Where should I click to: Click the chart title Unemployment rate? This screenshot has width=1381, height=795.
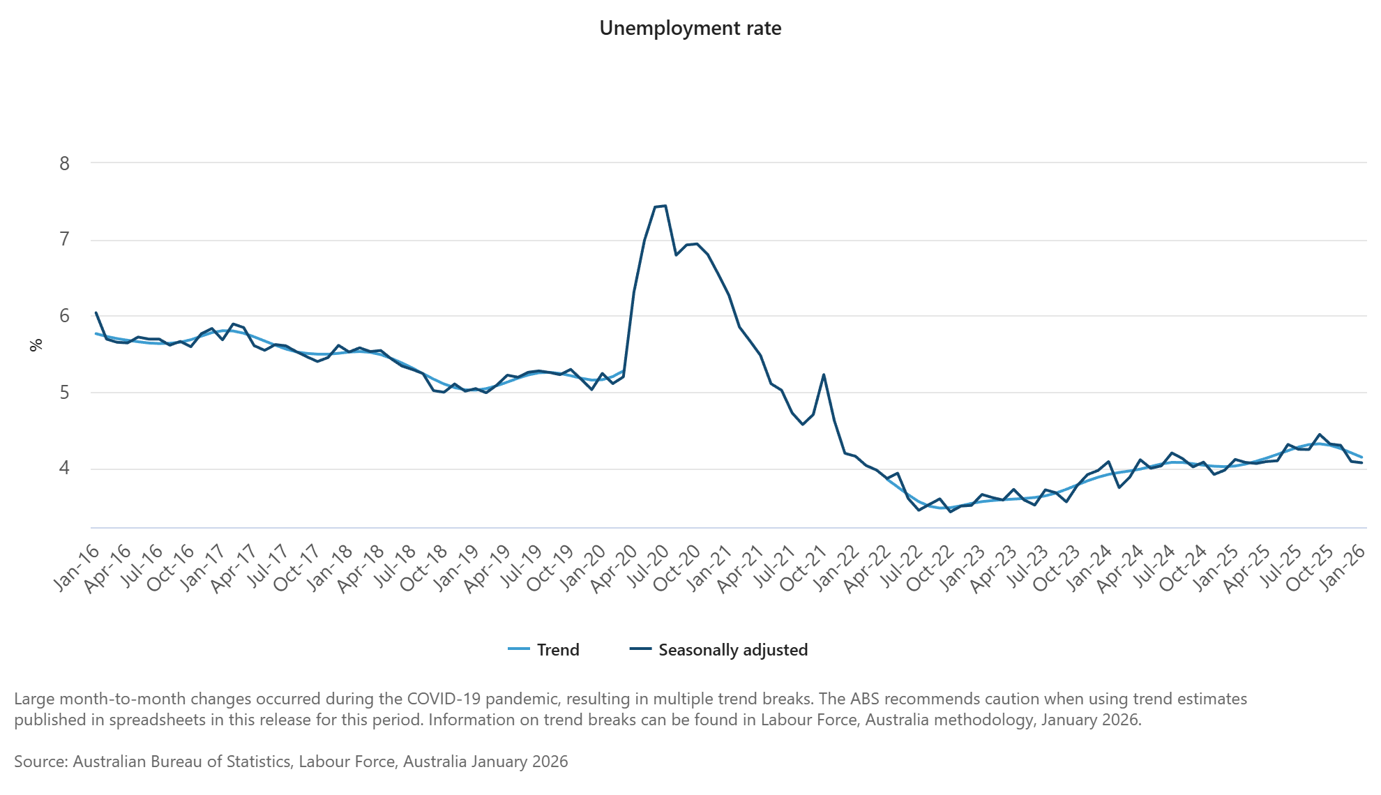point(690,29)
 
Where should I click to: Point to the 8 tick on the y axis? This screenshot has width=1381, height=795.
point(65,163)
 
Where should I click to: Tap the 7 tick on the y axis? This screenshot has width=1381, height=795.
point(65,240)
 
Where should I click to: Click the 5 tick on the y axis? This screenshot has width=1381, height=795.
point(65,393)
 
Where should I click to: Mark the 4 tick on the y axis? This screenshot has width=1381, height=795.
point(65,468)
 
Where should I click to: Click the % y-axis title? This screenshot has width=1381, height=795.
point(36,344)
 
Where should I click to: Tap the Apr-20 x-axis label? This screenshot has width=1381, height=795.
point(614,569)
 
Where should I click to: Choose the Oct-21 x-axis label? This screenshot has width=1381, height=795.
point(803,569)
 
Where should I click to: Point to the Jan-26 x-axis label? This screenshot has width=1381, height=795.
point(1343,568)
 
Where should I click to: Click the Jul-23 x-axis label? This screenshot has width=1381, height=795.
point(1025,568)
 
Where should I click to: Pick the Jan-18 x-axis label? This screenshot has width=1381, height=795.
point(330,568)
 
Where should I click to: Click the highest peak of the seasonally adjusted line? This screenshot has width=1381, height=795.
point(665,206)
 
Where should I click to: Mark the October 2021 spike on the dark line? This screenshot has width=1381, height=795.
point(824,374)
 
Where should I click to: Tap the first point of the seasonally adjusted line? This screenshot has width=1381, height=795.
point(96,312)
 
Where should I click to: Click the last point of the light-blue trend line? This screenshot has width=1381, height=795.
point(1361,457)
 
